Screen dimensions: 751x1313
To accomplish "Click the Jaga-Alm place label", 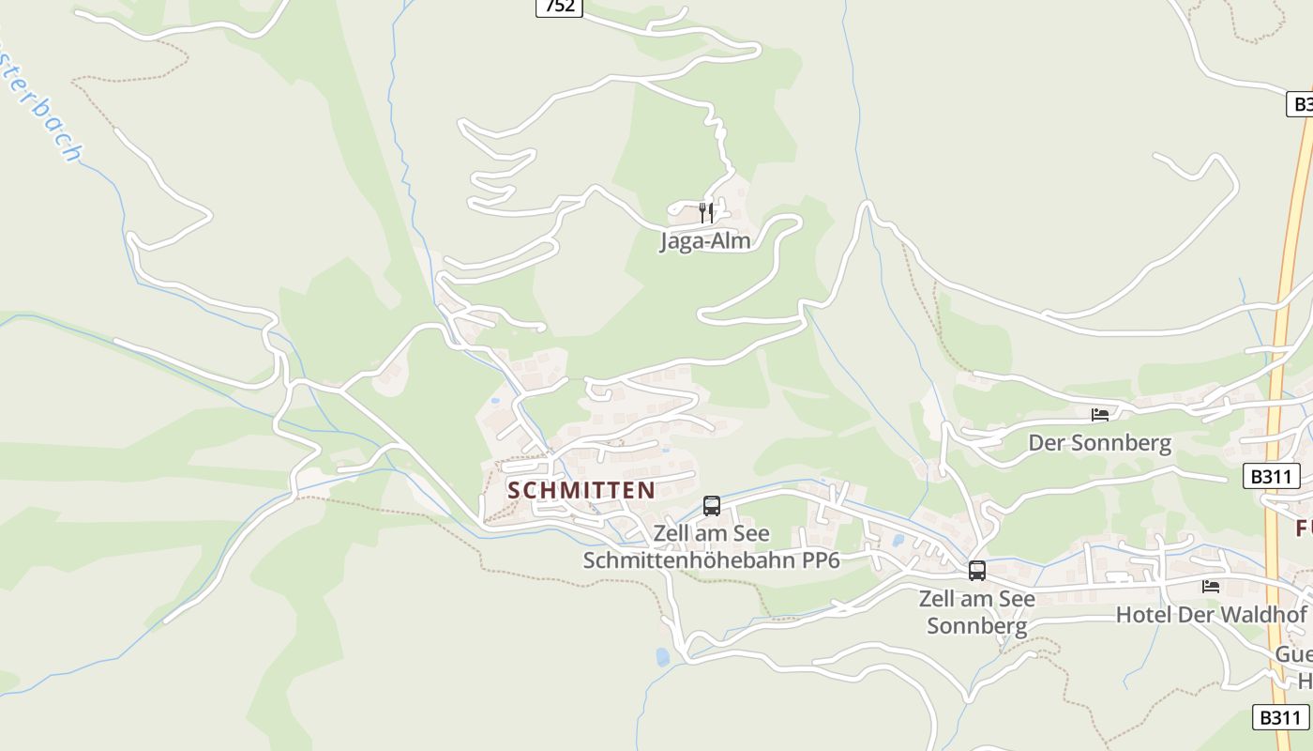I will pos(705,241).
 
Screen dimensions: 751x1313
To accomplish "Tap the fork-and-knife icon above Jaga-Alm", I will pos(705,212).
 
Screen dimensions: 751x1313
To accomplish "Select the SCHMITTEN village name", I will pos(581,490).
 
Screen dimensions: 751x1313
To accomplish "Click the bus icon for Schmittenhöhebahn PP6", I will pos(712,506).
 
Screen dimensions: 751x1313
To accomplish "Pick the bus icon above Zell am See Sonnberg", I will pos(977,570).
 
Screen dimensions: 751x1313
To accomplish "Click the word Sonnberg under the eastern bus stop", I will pos(977,625).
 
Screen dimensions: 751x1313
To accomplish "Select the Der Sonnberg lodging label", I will pos(1099,443).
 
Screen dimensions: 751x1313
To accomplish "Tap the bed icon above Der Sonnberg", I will pos(1100,414).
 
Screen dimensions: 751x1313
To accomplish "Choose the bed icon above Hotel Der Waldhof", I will pos(1211,587).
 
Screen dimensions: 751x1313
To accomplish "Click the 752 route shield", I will pos(559,7).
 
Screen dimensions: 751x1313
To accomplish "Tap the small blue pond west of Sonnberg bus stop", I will pos(898,542).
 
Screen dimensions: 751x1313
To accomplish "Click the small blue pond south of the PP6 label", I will pos(663,657).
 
